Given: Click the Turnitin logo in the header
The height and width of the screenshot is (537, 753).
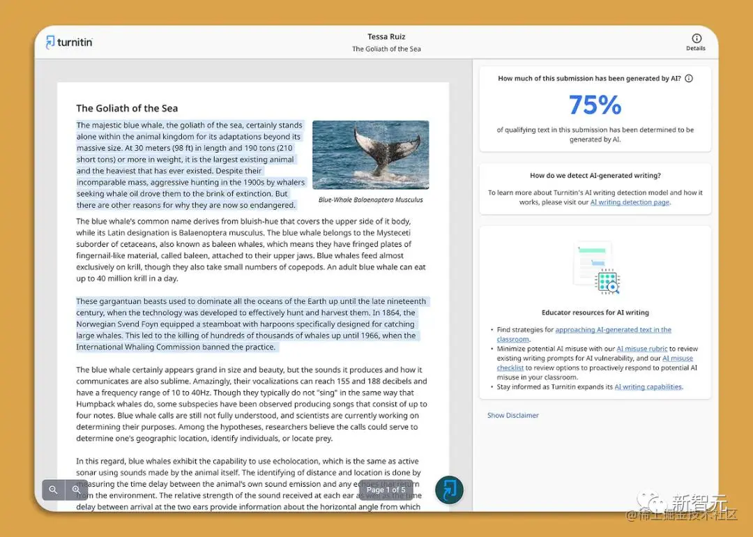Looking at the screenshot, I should [x=69, y=42].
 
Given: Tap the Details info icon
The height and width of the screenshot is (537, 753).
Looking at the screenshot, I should [x=696, y=38].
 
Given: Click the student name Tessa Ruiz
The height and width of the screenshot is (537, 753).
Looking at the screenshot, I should [x=386, y=37].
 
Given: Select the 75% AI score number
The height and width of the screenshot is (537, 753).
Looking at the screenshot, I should [x=595, y=105].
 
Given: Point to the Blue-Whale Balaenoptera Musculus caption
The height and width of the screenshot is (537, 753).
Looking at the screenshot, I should [x=370, y=199].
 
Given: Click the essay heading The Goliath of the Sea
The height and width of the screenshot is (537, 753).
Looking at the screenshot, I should [x=127, y=108].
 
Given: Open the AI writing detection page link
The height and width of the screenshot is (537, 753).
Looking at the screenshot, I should [x=630, y=202].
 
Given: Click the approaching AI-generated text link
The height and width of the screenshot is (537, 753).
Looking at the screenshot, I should [x=613, y=330].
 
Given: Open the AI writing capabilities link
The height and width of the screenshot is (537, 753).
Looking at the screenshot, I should [x=648, y=387].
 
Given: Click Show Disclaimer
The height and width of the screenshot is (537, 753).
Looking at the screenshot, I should [x=513, y=416].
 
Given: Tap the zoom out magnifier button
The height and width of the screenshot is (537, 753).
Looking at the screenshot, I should [x=53, y=490].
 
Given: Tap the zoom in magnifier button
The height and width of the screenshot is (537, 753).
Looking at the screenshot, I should [x=76, y=490].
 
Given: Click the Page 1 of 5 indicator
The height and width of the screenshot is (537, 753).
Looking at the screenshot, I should [x=386, y=490].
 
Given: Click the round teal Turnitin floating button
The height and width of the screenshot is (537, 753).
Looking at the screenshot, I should [x=450, y=490].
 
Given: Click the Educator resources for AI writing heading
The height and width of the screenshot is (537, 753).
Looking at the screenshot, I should [x=595, y=312].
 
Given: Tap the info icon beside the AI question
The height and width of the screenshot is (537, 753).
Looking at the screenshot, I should [x=689, y=79].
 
